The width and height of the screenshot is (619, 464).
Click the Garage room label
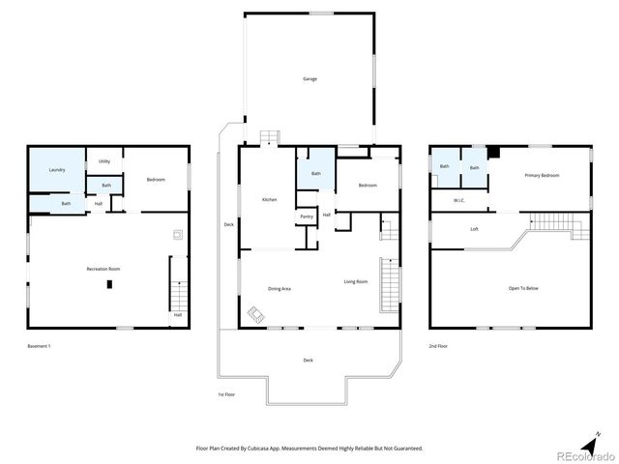[309, 79]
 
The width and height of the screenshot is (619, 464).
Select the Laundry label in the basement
[57, 170]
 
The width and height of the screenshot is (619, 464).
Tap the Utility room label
[103, 161]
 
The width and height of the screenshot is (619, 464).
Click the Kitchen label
[270, 199]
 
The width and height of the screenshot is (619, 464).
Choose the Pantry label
[306, 217]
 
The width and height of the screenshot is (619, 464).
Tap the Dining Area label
[280, 288]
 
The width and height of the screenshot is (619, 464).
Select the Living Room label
[356, 281]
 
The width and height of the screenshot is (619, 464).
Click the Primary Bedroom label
[542, 175]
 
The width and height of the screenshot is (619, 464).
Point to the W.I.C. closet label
[458, 200]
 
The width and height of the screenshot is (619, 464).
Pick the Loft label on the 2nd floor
[474, 229]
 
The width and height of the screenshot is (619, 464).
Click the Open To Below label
[523, 288]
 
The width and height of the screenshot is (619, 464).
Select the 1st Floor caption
[226, 394]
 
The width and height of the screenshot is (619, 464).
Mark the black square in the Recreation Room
[109, 283]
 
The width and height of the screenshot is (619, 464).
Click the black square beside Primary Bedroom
[493, 152]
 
